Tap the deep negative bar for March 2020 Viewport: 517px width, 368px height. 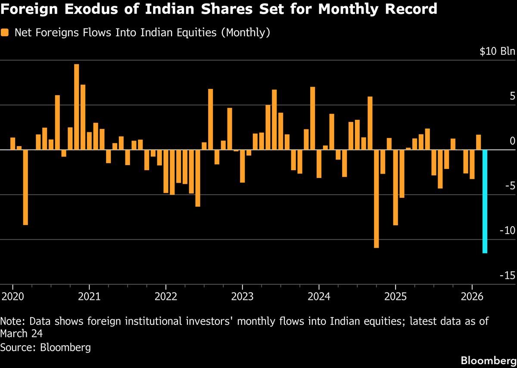tap(25, 187)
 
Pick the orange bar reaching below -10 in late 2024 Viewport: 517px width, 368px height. tap(377, 199)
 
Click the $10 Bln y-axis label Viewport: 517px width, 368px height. tap(497, 52)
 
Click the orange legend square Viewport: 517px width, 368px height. tap(5, 33)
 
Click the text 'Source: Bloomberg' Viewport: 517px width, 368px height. tap(45, 347)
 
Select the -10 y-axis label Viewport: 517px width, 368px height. tap(506, 231)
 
